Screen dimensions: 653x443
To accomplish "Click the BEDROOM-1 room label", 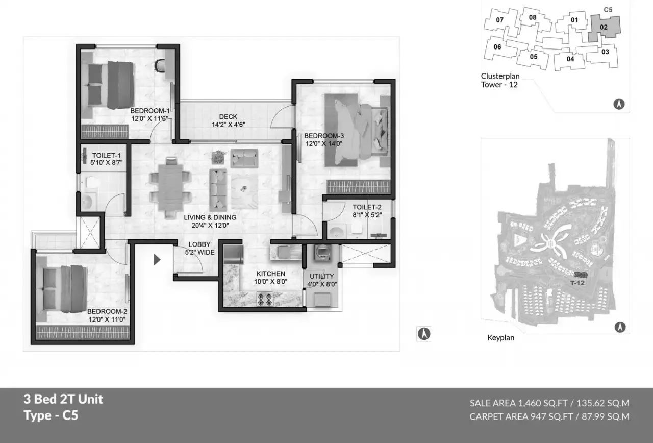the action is tap(149, 111).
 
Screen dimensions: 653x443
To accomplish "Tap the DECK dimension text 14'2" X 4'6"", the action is tap(228, 125).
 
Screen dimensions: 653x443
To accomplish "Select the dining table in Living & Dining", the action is tap(170, 187).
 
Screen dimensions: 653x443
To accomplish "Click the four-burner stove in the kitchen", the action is tap(265, 300).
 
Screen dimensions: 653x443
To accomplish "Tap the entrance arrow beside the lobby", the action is tap(157, 260).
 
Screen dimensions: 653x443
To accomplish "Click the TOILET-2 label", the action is tap(367, 207).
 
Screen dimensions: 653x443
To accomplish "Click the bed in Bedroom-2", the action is tap(65, 289).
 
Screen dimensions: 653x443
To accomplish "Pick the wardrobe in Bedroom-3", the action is tap(358, 187).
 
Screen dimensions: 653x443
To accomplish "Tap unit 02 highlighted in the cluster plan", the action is tap(604, 28).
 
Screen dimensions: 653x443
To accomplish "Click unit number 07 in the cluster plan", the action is tap(499, 20).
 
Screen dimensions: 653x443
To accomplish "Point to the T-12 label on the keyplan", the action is tap(577, 283).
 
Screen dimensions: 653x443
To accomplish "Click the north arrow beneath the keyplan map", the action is tap(620, 327).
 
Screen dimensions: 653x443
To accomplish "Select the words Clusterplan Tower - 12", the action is tap(500, 80).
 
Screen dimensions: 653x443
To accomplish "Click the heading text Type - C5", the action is tap(51, 415).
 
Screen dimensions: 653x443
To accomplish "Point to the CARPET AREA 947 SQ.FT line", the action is tap(549, 416).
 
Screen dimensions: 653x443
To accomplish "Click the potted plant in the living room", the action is tap(218, 157).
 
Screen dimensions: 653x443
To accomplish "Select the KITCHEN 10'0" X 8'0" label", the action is tap(271, 278).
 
